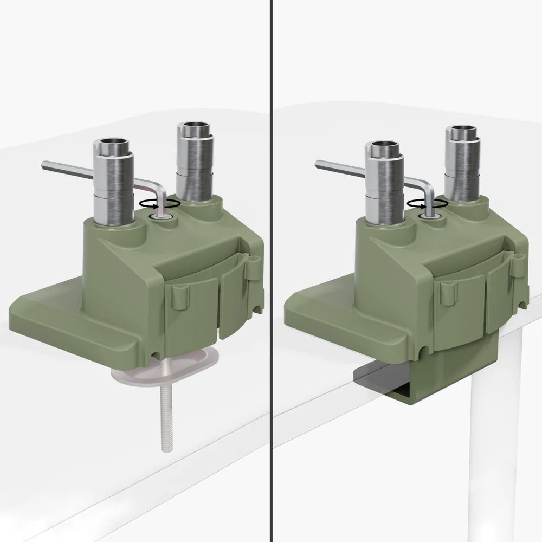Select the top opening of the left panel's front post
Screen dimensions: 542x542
(x=112, y=145)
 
